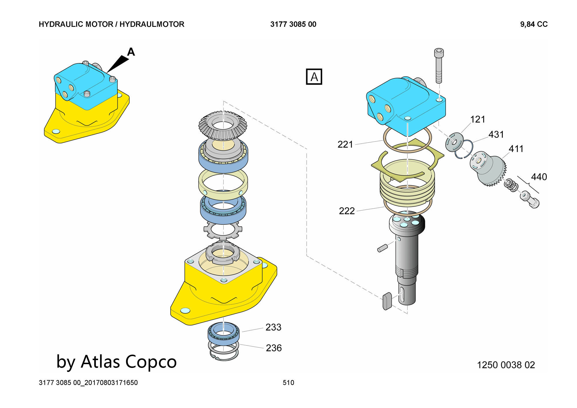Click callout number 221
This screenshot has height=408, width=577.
pyautogui.click(x=345, y=144)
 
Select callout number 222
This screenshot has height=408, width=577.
pyautogui.click(x=346, y=211)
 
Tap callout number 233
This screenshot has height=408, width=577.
pyautogui.click(x=273, y=327)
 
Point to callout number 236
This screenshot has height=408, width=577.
pyautogui.click(x=273, y=348)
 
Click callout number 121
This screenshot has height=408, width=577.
pyautogui.click(x=477, y=119)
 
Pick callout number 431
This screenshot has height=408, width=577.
pyautogui.click(x=496, y=134)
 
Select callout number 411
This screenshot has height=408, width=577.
pyautogui.click(x=516, y=149)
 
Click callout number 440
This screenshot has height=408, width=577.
pyautogui.click(x=539, y=177)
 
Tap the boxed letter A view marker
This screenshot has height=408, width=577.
pyautogui.click(x=314, y=77)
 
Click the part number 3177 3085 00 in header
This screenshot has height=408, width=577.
pyautogui.click(x=293, y=24)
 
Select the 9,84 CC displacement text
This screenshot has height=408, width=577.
pyautogui.click(x=534, y=24)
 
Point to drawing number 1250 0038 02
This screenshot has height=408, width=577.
pyautogui.click(x=506, y=365)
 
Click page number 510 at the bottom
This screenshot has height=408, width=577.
pyautogui.click(x=288, y=383)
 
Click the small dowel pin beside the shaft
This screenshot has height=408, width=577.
pyautogui.click(x=382, y=248)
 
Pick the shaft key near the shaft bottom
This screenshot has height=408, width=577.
pyautogui.click(x=387, y=301)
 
